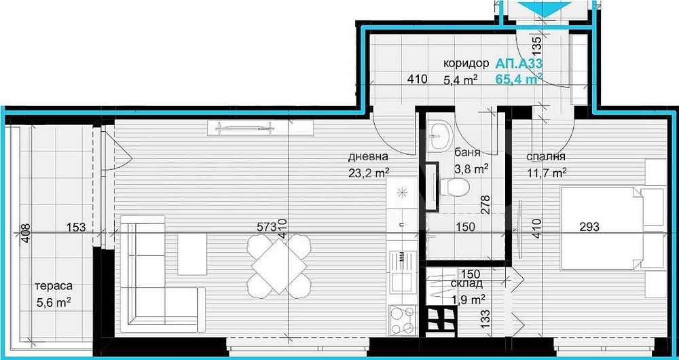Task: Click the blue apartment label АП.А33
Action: (x=519, y=63)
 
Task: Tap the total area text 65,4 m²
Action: (x=519, y=79)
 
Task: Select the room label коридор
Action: (x=466, y=63)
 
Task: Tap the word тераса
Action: (x=55, y=287)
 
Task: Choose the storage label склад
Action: (x=466, y=283)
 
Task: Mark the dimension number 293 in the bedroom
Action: (x=589, y=228)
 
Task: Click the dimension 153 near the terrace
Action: (x=76, y=228)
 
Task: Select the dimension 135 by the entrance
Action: (x=536, y=47)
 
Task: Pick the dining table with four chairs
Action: (x=279, y=263)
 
